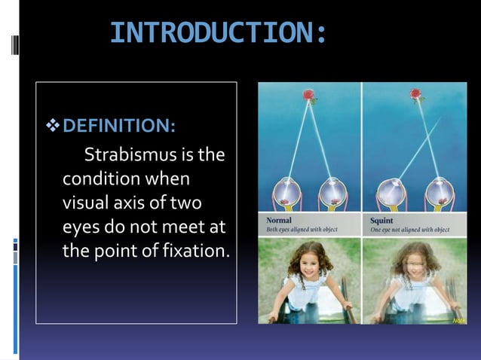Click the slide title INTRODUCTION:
click(x=219, y=33)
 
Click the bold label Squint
click(x=382, y=221)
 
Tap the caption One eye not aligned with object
click(x=410, y=230)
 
